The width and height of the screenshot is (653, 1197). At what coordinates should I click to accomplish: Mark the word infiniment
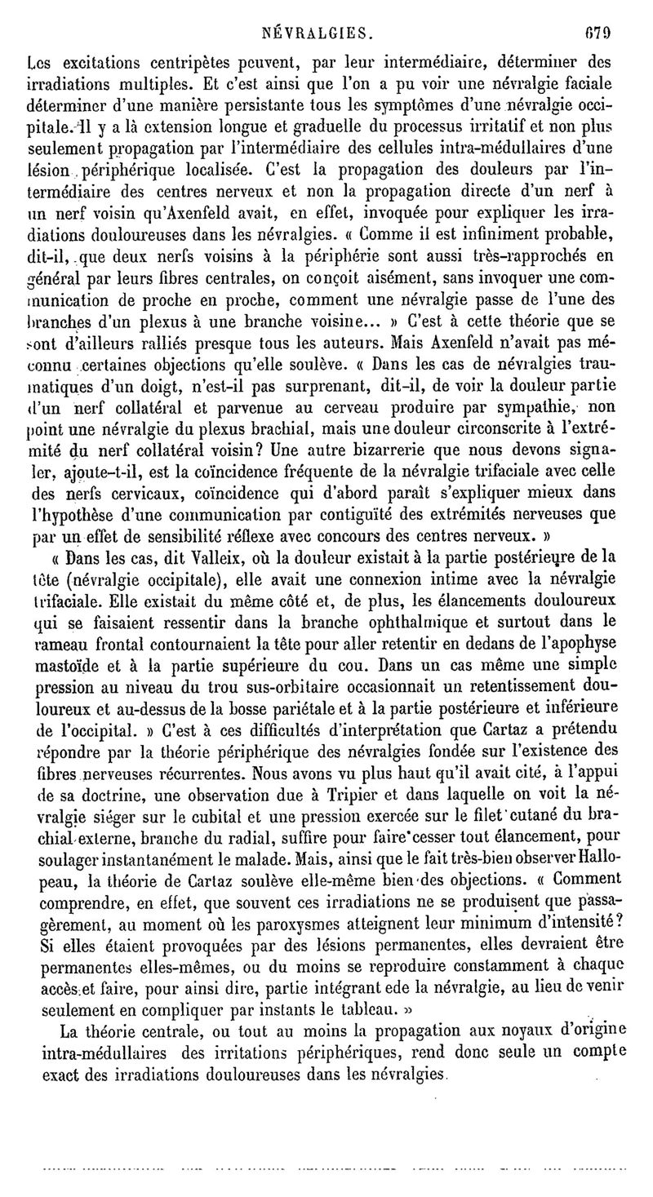click(x=471, y=206)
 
